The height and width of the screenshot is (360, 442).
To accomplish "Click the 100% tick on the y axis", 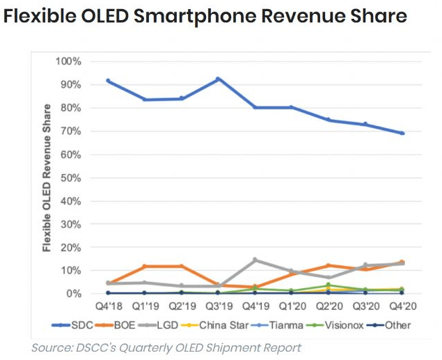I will point(68,61).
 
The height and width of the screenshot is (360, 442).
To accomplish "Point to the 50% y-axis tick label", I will point(71,178).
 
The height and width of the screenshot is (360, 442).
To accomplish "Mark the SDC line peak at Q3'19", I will point(219,79).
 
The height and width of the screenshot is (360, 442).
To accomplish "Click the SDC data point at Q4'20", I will point(402,133).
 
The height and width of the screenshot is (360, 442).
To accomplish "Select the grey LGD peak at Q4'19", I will point(255,260).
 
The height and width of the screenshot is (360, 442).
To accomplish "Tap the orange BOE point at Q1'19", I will point(145,266).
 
